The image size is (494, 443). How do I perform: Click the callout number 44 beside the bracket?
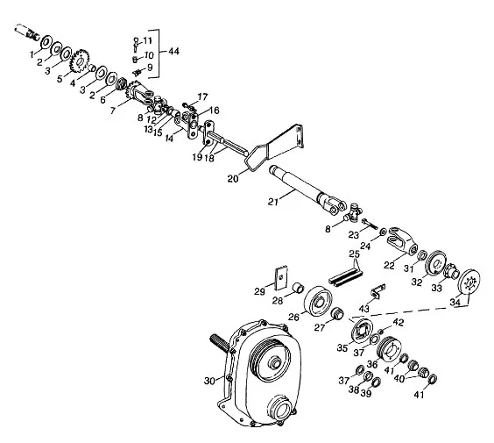pyautogui.click(x=173, y=51)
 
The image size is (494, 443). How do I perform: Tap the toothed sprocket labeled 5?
pyautogui.click(x=79, y=61)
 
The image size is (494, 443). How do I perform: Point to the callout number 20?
pyautogui.click(x=233, y=179)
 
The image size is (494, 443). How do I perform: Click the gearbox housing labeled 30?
pyautogui.click(x=259, y=374)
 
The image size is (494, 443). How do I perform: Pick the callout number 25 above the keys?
pyautogui.click(x=355, y=254)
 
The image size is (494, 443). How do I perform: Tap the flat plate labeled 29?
pyautogui.click(x=280, y=278)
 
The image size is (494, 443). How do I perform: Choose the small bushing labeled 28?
pyautogui.click(x=299, y=288)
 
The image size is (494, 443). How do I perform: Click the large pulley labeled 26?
pyautogui.click(x=318, y=302)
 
